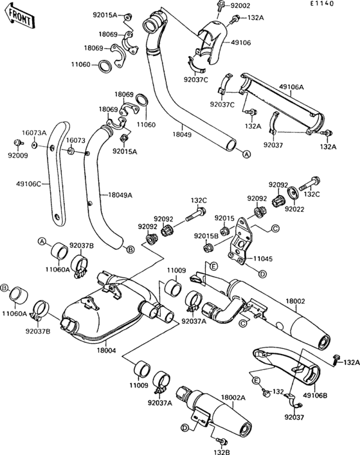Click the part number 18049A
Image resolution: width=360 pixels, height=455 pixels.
(120, 194)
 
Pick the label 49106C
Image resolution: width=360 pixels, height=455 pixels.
(28, 183)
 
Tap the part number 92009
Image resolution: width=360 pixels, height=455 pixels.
(17, 156)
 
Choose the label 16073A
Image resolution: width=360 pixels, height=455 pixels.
(34, 132)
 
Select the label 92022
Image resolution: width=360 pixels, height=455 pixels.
(294, 209)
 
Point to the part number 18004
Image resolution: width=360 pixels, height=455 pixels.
(107, 350)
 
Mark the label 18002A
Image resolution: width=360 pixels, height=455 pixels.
(233, 398)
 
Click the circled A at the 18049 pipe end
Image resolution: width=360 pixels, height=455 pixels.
(246, 154)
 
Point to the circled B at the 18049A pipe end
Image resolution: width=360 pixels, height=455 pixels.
(130, 249)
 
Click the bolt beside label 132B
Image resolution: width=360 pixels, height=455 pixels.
(222, 441)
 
